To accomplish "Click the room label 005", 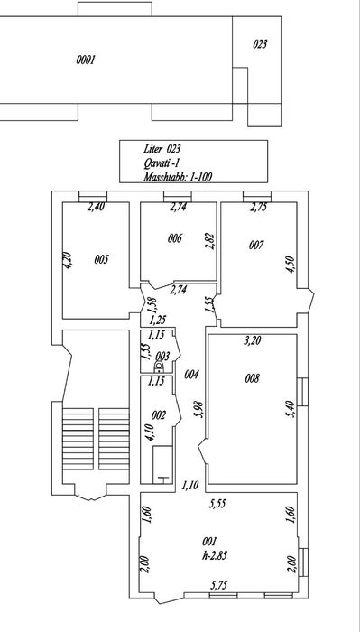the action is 101,259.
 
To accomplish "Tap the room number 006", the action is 175,238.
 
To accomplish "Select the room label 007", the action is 256,245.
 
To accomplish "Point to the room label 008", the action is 252,378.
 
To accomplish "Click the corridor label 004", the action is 191,375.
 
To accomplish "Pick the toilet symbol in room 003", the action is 160,367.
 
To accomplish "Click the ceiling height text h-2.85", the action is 215,555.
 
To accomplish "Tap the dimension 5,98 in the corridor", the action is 199,410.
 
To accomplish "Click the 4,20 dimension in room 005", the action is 68,260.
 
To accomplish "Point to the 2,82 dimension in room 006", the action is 210,241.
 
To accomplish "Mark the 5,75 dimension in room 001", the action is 217,585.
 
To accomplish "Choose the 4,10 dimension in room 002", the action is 151,431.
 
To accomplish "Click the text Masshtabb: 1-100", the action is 178,176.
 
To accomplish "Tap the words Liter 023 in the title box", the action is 162,149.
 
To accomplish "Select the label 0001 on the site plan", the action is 86,60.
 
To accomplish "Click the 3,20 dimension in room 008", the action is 253,340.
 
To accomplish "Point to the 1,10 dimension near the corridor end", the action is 190,486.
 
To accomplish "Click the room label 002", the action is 159,415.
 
